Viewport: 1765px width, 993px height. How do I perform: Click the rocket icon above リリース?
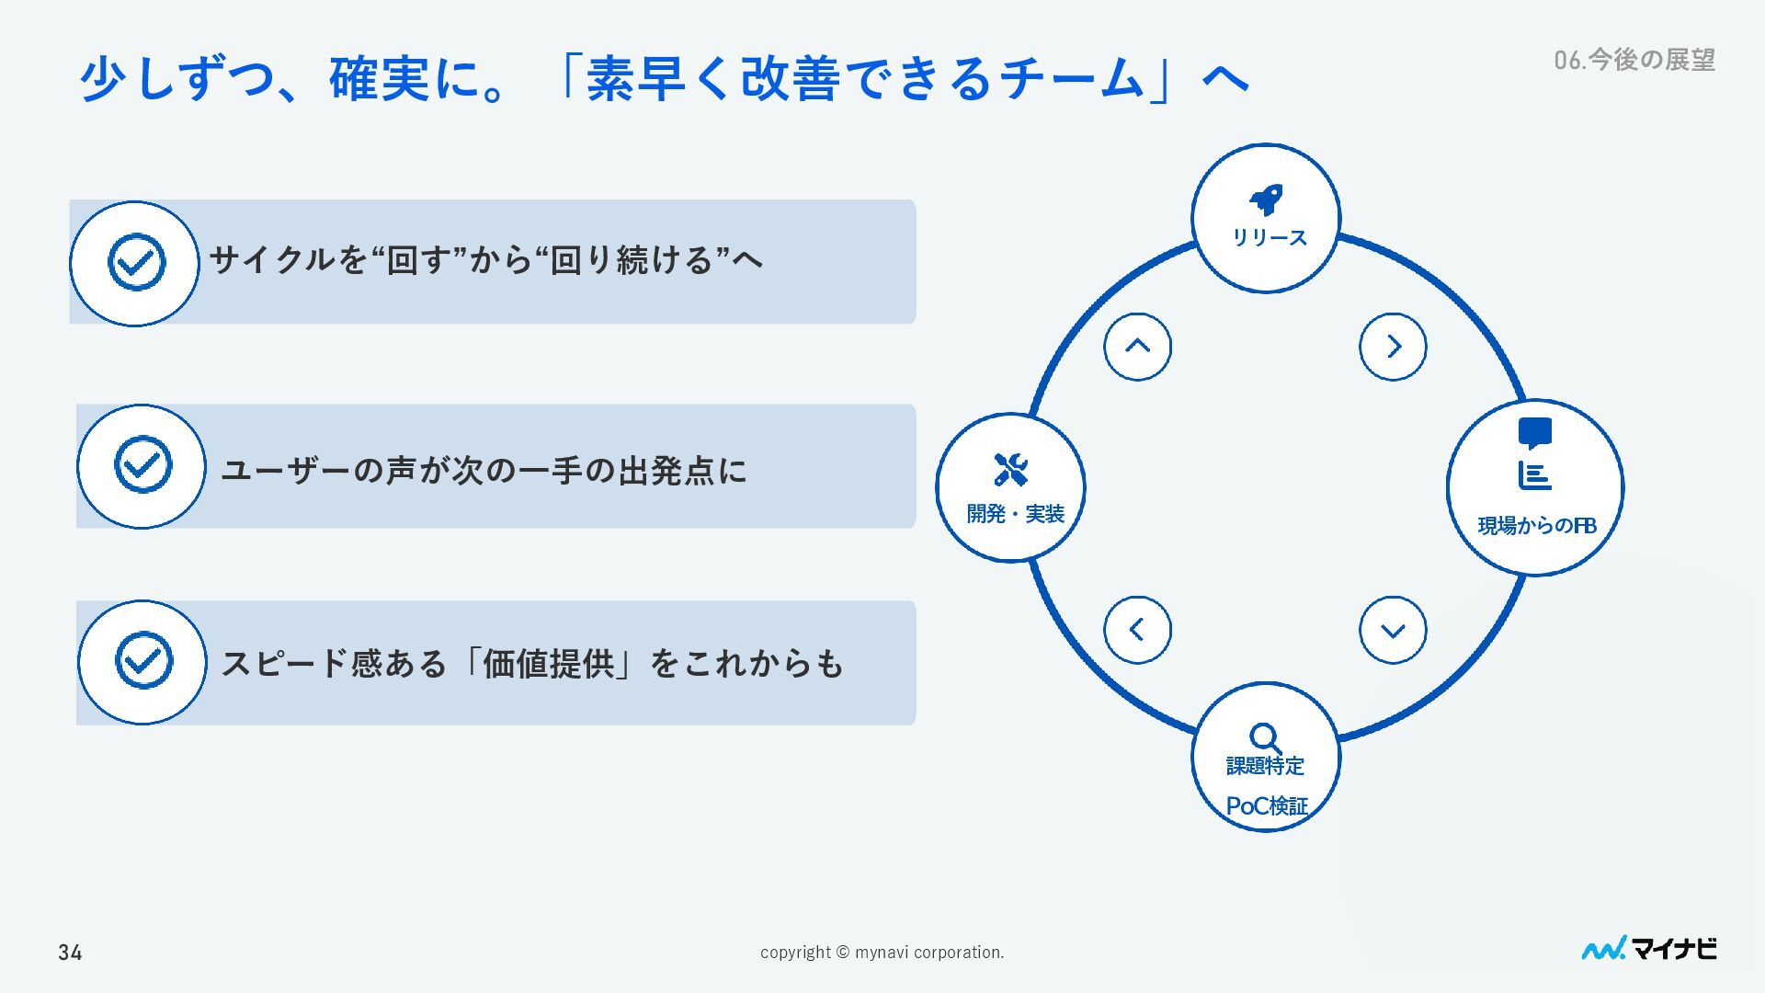point(1266,200)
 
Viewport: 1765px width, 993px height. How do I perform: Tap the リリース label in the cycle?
point(1269,237)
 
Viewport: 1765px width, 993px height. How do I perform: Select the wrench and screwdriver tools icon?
point(1010,469)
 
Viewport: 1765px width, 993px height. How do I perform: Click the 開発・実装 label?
point(1015,513)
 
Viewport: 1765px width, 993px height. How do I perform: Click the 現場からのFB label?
point(1536,526)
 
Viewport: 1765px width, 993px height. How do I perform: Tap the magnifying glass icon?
point(1265,737)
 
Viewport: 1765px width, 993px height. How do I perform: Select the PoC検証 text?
point(1267,806)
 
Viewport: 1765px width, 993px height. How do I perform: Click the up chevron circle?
point(1137,347)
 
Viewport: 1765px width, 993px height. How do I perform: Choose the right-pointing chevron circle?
point(1393,347)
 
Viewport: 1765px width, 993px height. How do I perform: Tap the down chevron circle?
point(1393,630)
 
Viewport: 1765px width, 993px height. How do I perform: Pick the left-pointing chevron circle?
point(1137,630)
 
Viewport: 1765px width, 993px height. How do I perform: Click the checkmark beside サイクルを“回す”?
point(136,262)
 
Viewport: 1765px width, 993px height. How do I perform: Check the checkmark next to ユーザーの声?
point(142,464)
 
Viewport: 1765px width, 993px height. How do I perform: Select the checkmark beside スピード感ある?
point(143,660)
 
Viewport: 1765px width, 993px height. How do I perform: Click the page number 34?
point(70,953)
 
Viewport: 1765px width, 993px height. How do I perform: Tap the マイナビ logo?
point(1648,949)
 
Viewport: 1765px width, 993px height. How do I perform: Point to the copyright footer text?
point(882,953)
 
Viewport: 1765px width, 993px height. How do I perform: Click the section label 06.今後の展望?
point(1634,60)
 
